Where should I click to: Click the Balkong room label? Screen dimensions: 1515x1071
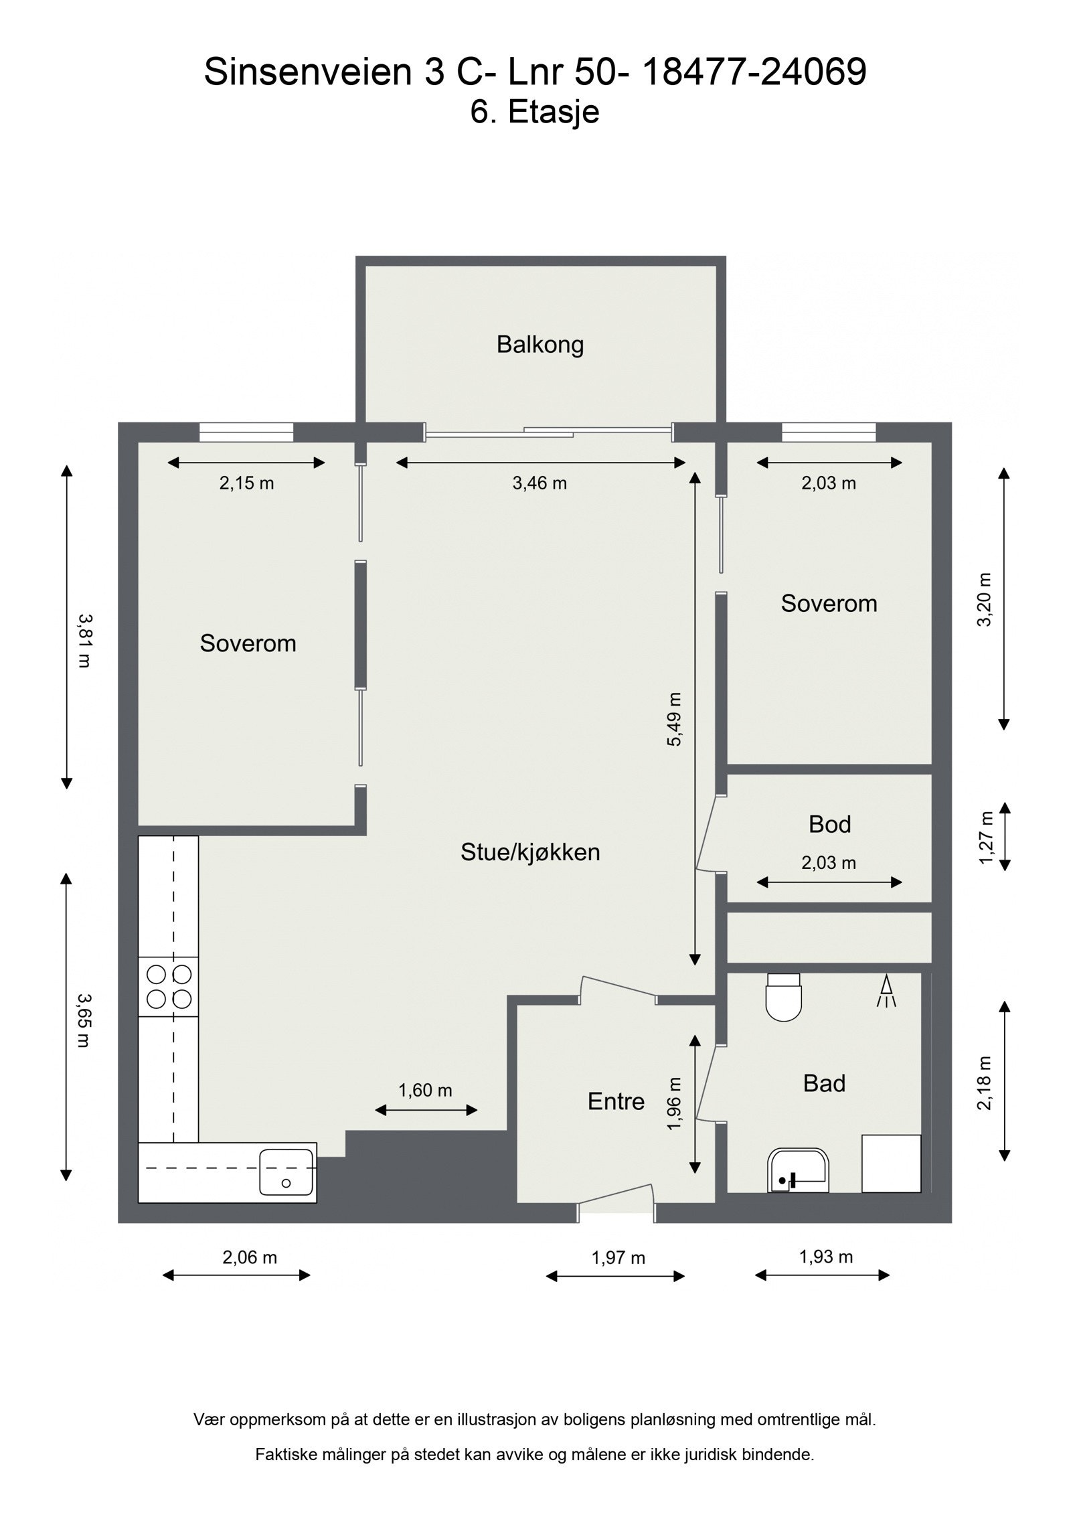(540, 345)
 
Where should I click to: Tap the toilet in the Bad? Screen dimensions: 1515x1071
(783, 998)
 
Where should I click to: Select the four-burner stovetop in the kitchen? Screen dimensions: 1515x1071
(169, 986)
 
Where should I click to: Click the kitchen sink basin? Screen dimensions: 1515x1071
(286, 1172)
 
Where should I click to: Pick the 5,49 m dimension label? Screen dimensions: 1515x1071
(674, 720)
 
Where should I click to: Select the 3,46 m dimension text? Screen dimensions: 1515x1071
(540, 483)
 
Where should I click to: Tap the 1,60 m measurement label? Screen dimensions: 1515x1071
(425, 1091)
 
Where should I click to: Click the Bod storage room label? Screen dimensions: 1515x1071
(829, 825)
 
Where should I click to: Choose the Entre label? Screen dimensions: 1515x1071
(616, 1102)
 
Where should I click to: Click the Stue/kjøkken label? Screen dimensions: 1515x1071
(530, 852)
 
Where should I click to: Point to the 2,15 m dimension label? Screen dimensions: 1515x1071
(246, 483)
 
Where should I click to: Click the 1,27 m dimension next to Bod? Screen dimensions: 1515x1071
(985, 838)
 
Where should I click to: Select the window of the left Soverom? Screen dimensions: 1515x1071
(246, 432)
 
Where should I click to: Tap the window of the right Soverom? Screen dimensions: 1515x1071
(829, 432)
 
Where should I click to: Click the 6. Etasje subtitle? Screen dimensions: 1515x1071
(534, 112)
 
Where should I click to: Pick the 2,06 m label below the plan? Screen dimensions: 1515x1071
(249, 1258)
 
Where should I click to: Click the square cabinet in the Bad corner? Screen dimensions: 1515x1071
(891, 1164)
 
